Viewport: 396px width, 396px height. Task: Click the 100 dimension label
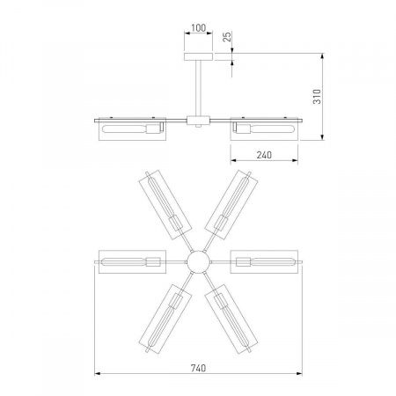click(x=198, y=28)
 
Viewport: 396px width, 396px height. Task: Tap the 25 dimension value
click(x=227, y=37)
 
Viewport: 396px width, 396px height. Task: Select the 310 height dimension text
click(x=317, y=96)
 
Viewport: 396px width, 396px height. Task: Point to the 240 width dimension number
click(x=264, y=155)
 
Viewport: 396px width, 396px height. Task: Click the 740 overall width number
click(x=198, y=368)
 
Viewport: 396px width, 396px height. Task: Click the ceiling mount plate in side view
click(x=198, y=57)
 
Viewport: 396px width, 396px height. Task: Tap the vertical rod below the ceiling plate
click(x=199, y=88)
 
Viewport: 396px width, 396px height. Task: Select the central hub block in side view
click(x=199, y=121)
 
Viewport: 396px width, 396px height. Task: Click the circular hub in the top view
click(x=199, y=261)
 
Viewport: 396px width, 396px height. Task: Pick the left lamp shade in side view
click(x=132, y=129)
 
